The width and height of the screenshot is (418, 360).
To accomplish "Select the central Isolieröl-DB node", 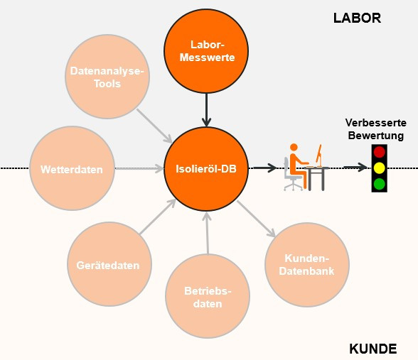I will [207, 169].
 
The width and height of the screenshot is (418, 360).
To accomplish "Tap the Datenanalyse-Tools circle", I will [107, 77].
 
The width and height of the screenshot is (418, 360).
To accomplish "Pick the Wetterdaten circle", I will [72, 169].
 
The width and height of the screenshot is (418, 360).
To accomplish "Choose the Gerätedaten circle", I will [108, 265].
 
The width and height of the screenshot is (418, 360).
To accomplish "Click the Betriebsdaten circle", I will [208, 297].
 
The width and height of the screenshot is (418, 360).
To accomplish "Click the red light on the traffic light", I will [379, 152].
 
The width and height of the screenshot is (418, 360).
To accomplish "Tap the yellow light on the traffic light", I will [379, 168].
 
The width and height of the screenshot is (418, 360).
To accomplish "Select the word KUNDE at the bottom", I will [373, 349].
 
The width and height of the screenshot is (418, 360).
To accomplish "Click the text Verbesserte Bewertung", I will [375, 129].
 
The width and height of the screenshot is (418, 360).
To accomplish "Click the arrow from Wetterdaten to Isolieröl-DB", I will [139, 169].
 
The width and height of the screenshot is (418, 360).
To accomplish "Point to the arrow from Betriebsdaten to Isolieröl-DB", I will [207, 234].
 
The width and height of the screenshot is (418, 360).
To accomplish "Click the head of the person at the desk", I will [293, 148].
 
